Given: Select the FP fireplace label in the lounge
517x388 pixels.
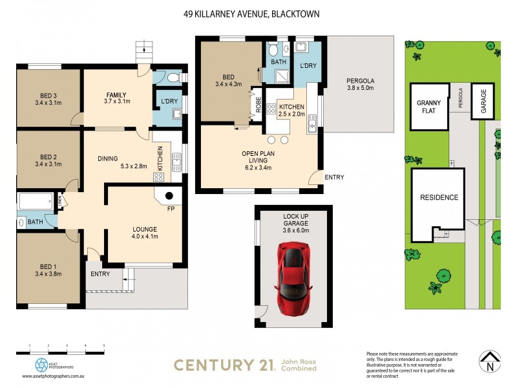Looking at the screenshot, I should point(171,210).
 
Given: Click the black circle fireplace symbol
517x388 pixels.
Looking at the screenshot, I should point(169,196).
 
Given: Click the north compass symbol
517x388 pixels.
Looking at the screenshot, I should point(490,361).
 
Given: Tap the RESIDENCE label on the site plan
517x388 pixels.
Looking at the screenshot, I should point(439,197).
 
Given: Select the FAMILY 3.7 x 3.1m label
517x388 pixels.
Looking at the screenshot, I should point(118,98).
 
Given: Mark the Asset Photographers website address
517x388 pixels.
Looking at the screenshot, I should point(55,376).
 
